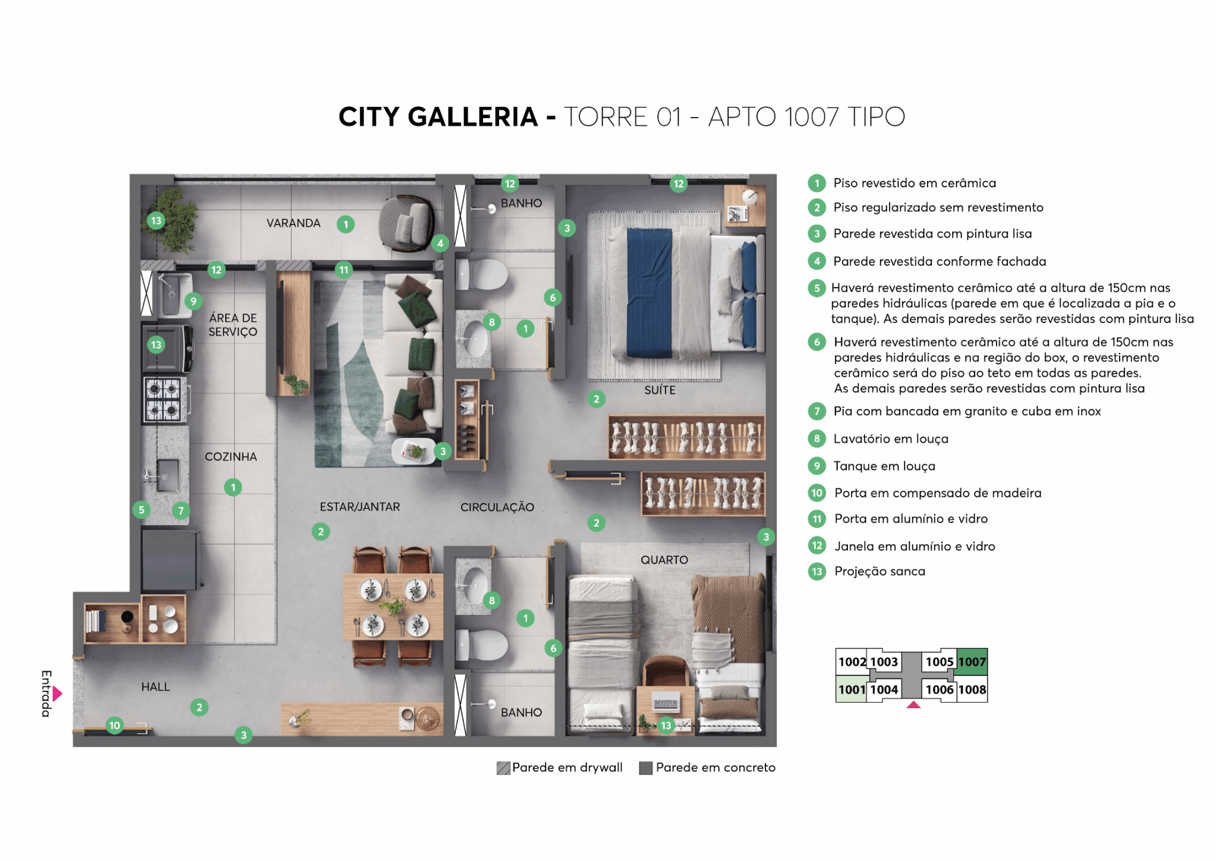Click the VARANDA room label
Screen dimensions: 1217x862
(293, 223)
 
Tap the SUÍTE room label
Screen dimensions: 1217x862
(660, 390)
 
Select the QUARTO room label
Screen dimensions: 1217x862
(664, 560)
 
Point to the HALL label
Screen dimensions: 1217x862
(156, 687)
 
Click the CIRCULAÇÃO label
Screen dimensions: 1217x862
(497, 507)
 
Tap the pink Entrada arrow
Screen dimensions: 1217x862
(57, 693)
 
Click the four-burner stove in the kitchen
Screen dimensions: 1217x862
(164, 399)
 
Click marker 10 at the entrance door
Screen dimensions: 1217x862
(115, 725)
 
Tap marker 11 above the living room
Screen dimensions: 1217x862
(343, 270)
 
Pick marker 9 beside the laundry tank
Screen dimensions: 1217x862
(193, 301)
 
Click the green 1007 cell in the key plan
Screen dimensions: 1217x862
(972, 662)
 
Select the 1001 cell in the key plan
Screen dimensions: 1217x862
(852, 690)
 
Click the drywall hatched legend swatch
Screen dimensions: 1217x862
(503, 768)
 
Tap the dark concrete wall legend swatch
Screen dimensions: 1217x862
(646, 768)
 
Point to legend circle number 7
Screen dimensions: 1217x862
(817, 411)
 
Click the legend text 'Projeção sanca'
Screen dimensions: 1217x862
(879, 571)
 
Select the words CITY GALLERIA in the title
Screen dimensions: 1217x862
(438, 116)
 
